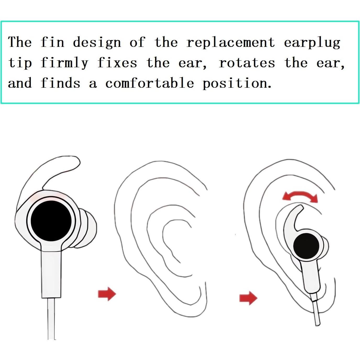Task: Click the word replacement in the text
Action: pos(230,43)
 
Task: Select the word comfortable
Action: pos(149,83)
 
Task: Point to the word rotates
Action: pos(247,63)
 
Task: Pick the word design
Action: pos(97,43)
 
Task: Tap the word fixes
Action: pos(117,63)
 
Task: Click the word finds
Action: pos(60,83)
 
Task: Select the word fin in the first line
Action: pos(52,42)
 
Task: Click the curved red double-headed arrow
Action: pos(300,196)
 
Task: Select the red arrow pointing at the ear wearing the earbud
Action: pos(248,298)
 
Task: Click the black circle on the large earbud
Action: pos(51,220)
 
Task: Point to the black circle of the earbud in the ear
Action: pos(306,246)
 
